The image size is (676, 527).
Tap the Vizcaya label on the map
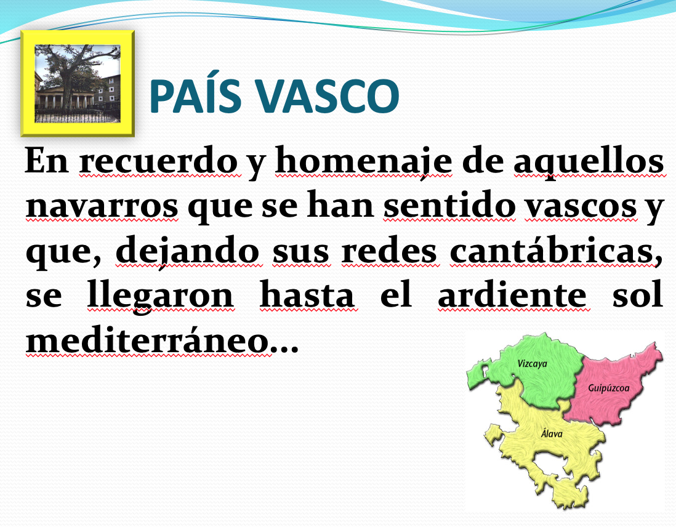(532, 364)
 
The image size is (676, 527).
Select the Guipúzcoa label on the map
(608, 388)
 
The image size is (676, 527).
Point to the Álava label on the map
(552, 433)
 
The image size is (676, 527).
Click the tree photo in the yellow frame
(77, 84)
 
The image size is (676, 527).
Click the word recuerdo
(158, 161)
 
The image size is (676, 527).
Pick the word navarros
(102, 206)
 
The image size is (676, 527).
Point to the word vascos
(581, 206)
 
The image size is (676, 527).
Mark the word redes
(389, 250)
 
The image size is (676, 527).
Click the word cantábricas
(556, 250)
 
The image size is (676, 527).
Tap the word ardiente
(512, 294)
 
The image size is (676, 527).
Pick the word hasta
(307, 294)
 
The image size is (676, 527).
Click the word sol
(638, 294)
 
